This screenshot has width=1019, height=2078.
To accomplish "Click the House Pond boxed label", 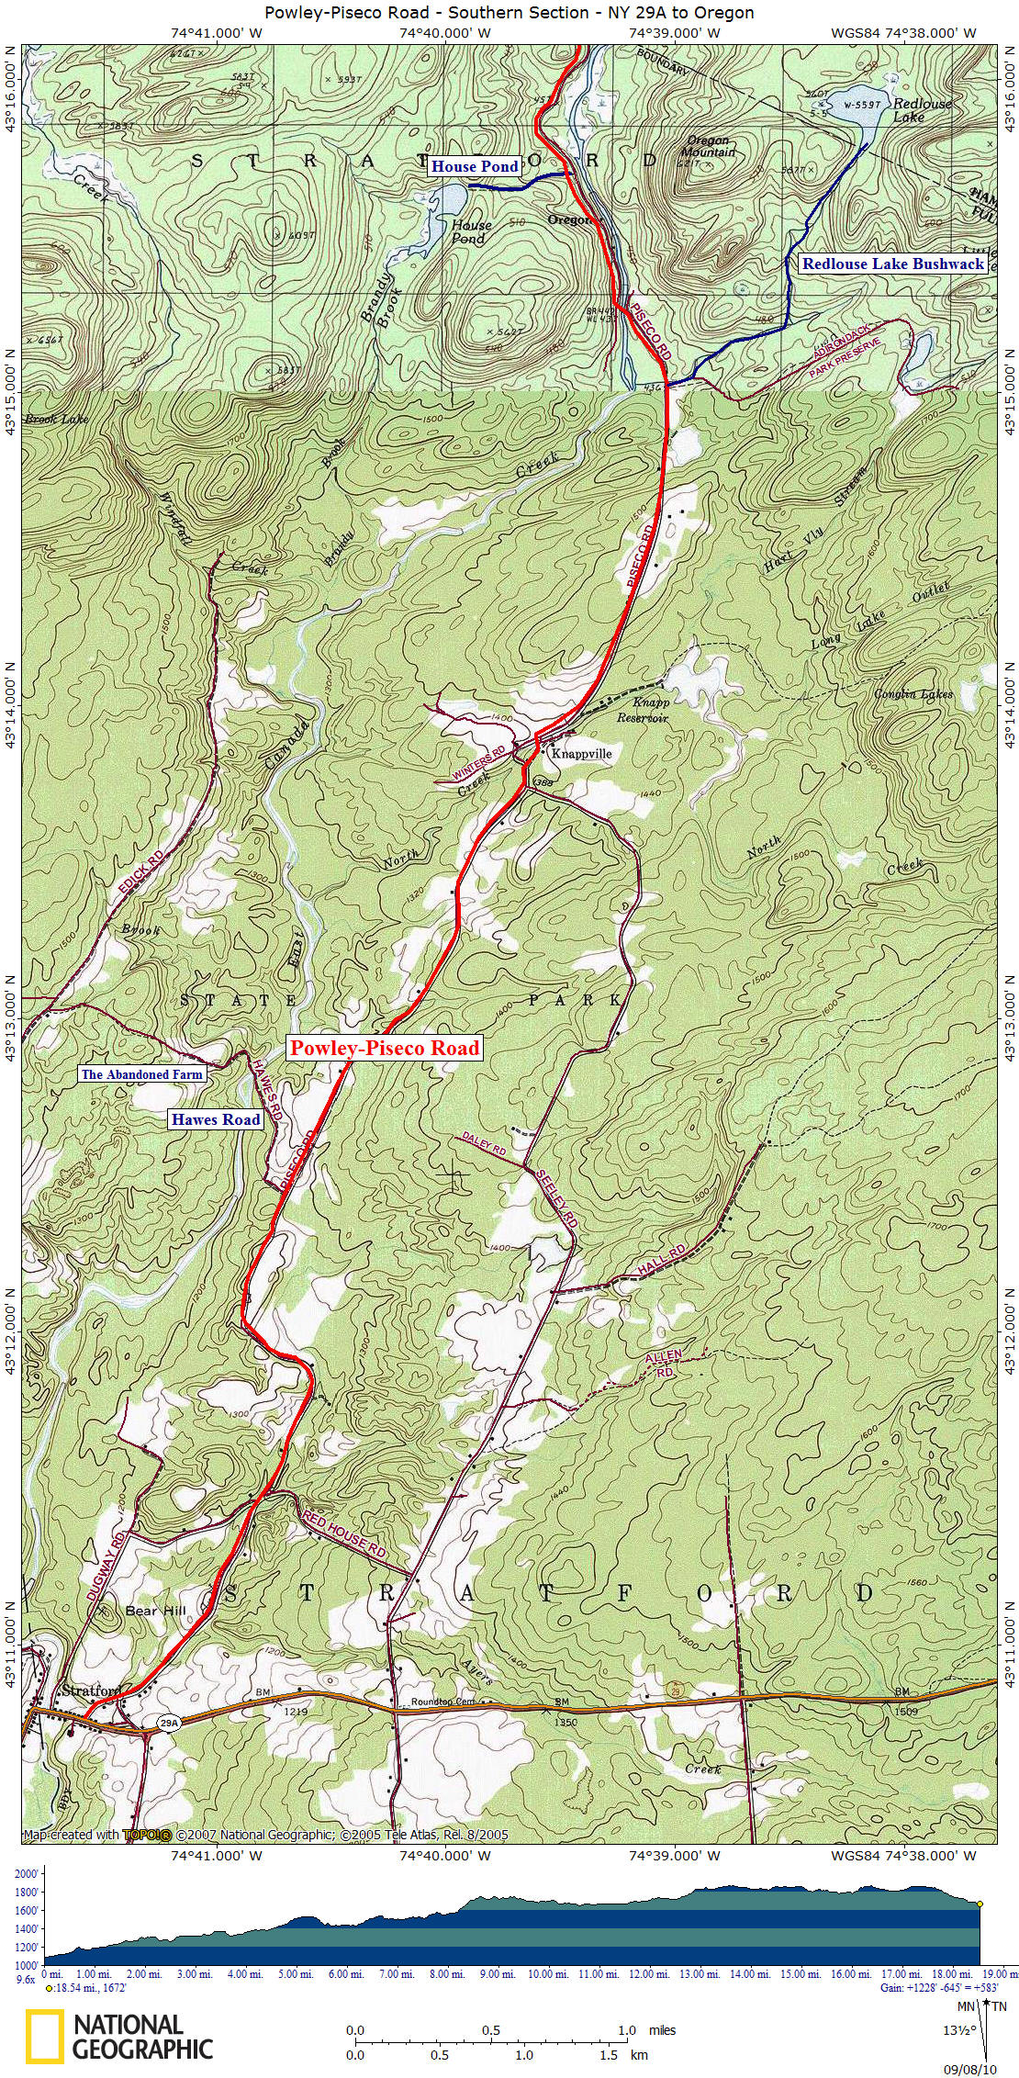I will (x=475, y=166).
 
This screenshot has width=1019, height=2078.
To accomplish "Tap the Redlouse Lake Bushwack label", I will (x=892, y=264).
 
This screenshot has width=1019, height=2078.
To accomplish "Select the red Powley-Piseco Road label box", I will (x=384, y=1048).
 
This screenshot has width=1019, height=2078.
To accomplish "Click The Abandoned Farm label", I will (x=141, y=1073).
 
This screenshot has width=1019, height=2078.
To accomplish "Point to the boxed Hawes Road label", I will (x=215, y=1119).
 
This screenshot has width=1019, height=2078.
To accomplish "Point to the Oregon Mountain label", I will (x=710, y=147).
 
